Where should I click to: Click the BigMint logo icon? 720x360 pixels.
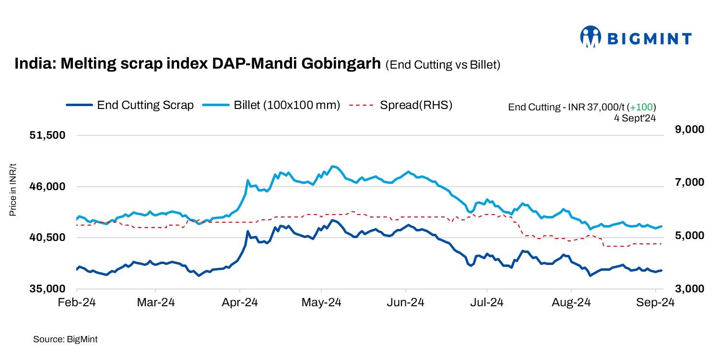pyautogui.click(x=590, y=37)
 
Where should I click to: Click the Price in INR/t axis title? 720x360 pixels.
pyautogui.click(x=13, y=190)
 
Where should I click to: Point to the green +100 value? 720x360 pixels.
pyautogui.click(x=643, y=107)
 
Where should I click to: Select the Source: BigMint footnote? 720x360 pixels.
pyautogui.click(x=65, y=339)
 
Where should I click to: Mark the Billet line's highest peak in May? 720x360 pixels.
pyautogui.click(x=333, y=166)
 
